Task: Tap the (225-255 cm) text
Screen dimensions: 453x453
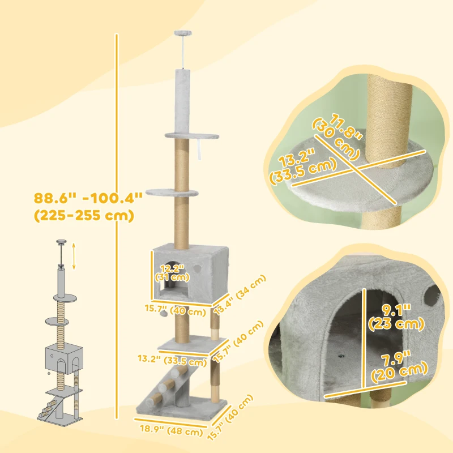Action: [x=84, y=216]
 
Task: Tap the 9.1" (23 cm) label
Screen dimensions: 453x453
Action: [x=396, y=317]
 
